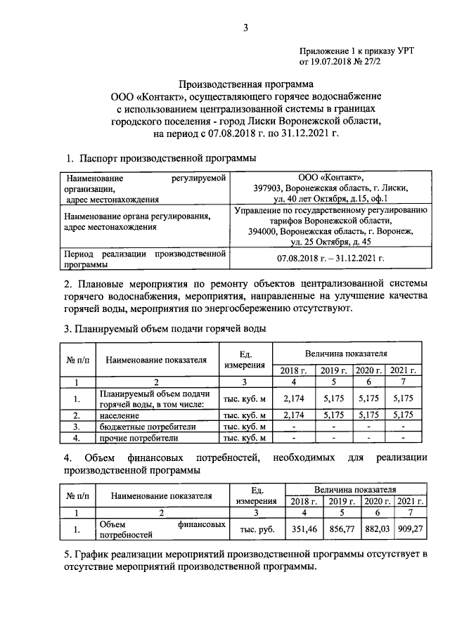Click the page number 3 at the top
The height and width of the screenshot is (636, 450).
[245, 28]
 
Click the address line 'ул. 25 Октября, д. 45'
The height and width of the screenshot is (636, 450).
[330, 242]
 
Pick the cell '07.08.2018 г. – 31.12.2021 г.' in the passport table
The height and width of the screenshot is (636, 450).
[330, 259]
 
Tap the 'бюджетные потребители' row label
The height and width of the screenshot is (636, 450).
[147, 427]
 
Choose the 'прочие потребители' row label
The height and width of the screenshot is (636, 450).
[139, 439]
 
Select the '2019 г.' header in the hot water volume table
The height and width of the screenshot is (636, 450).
[333, 370]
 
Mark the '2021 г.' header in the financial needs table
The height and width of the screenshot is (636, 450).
[409, 501]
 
